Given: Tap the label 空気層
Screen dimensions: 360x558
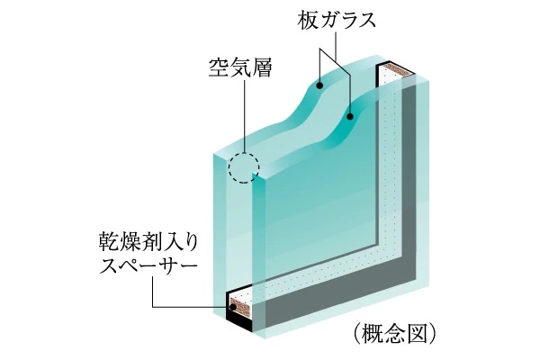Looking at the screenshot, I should click(x=240, y=66).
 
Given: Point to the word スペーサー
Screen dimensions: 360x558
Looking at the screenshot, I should click(x=149, y=266).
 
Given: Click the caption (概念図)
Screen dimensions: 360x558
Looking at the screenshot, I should click(x=396, y=334).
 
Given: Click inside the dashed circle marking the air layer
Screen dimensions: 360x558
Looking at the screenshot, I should click(x=243, y=168).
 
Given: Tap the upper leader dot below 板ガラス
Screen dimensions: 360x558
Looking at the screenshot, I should click(x=321, y=86).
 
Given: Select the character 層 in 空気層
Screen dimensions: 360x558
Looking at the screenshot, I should click(x=262, y=66).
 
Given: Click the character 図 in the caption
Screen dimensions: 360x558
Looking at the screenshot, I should click(x=419, y=334).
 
